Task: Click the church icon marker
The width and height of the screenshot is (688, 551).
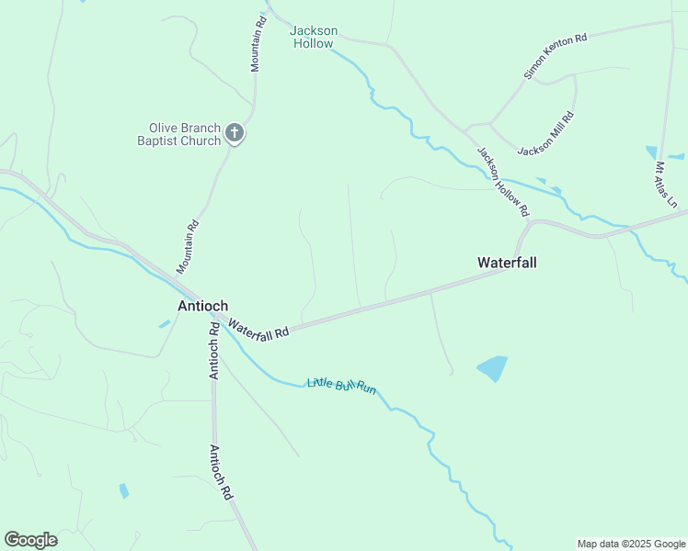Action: click(235, 134)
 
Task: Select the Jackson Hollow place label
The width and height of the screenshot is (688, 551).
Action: click(314, 37)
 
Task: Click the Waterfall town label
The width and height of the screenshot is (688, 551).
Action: click(507, 263)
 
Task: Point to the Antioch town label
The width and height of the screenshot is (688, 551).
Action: click(202, 306)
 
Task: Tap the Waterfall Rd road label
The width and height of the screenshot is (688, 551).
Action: click(258, 330)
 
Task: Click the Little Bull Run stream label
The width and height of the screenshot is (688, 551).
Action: click(342, 386)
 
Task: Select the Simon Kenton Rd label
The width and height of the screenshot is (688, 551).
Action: click(555, 56)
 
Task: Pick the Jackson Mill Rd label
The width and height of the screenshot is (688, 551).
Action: click(546, 134)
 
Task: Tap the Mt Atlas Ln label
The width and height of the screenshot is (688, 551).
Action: click(666, 185)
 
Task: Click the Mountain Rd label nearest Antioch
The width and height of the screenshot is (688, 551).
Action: click(188, 247)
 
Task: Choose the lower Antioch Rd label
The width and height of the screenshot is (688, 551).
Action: click(221, 472)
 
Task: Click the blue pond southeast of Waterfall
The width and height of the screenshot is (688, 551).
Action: click(492, 368)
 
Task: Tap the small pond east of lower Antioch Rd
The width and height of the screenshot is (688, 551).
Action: click(124, 490)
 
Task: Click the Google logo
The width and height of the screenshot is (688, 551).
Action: click(30, 540)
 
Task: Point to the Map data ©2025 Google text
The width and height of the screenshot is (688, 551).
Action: click(631, 544)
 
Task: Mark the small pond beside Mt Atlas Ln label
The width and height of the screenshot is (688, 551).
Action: click(652, 152)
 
